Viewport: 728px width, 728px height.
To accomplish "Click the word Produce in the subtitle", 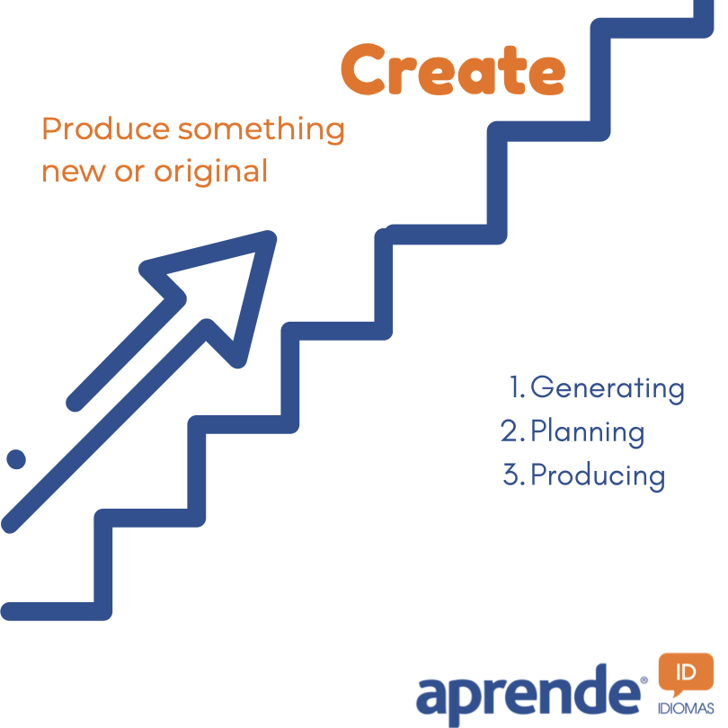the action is click(106, 129).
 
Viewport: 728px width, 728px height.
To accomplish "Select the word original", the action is click(211, 173).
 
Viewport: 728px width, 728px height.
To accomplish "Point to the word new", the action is click(74, 173).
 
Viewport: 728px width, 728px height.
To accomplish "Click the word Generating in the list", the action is click(608, 388).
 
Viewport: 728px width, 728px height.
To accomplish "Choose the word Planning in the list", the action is click(587, 432).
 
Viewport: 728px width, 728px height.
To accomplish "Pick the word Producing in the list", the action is click(598, 475).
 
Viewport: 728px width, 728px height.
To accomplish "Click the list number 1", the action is click(514, 386).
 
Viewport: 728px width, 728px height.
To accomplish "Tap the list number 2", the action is click(510, 431).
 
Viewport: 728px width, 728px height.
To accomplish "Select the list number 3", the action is click(510, 474).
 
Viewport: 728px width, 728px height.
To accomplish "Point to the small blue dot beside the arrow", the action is click(16, 459).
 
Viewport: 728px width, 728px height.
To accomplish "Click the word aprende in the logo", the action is click(528, 695).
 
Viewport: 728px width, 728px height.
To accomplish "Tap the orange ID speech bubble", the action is click(686, 674).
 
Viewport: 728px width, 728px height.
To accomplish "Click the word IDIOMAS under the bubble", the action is click(686, 708).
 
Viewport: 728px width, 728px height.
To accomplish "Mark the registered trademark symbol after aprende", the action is click(644, 680).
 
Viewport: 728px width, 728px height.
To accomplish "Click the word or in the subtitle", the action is click(129, 173).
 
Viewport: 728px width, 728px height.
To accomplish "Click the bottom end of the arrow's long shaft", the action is click(9, 525).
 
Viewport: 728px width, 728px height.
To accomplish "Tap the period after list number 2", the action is click(522, 439).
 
